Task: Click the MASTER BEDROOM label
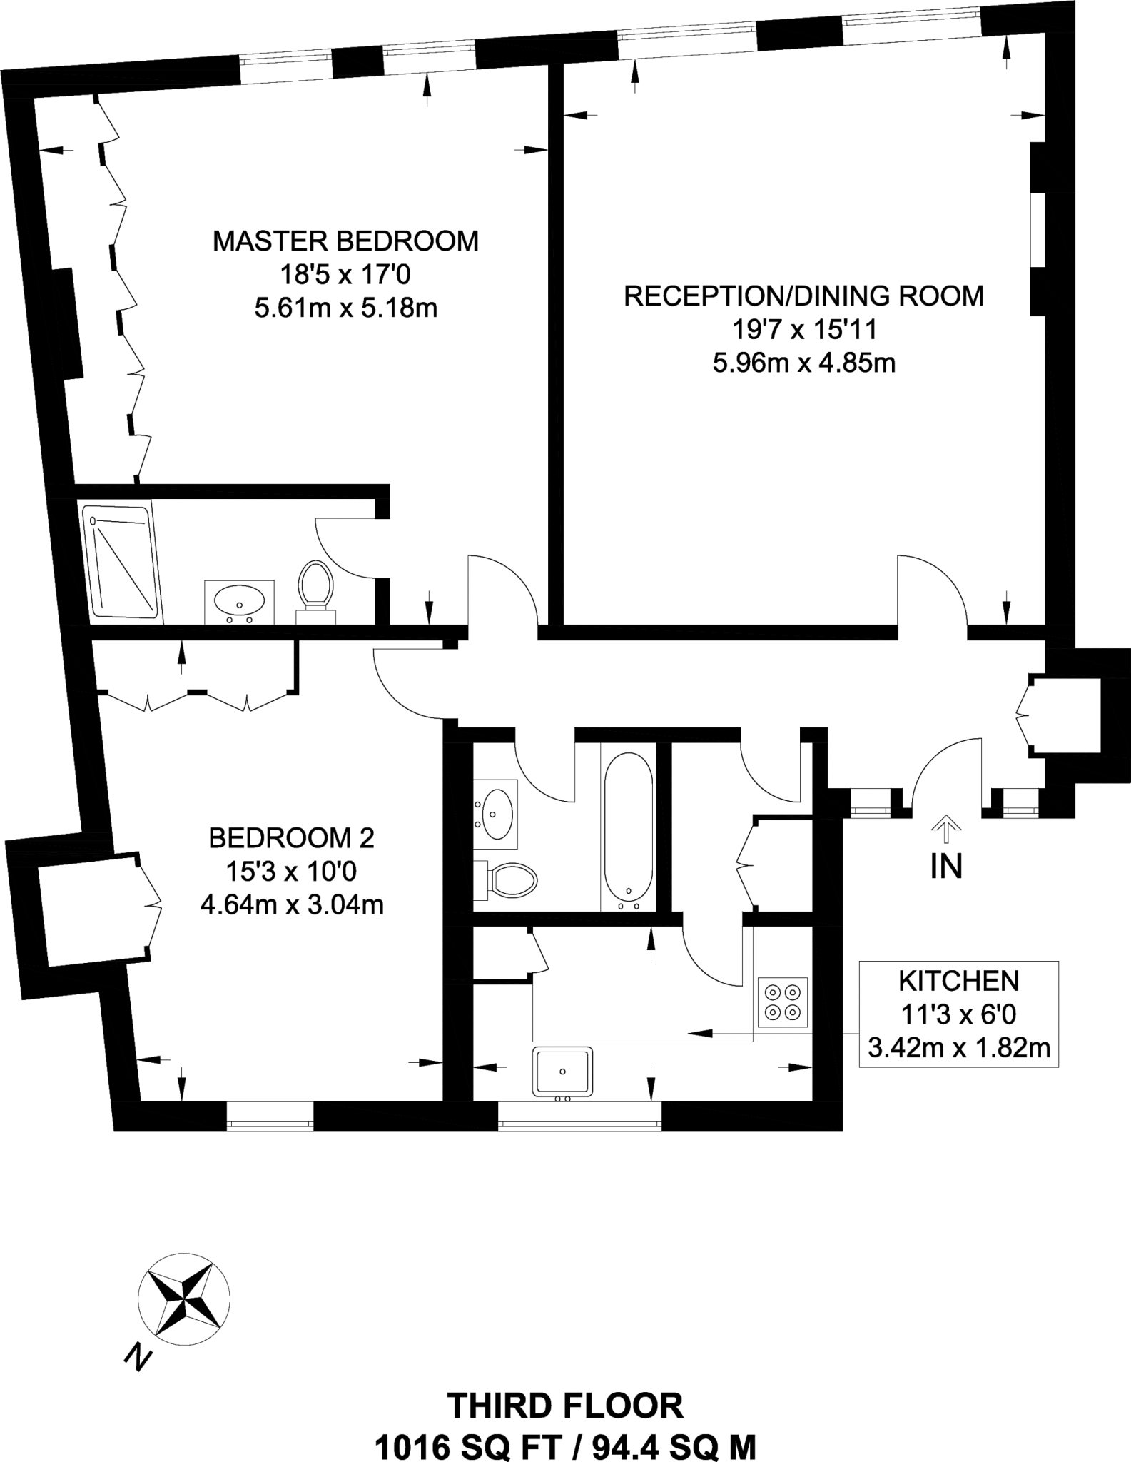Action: (345, 241)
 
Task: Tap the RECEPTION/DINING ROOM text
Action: (803, 296)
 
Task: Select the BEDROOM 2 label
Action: (291, 837)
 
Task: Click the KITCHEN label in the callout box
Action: (958, 981)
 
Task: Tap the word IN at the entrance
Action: (946, 867)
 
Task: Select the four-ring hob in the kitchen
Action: (783, 1002)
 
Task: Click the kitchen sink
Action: (562, 1071)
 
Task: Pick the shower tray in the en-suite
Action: (121, 561)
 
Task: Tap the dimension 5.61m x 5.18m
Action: (345, 308)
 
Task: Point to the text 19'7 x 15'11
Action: (803, 330)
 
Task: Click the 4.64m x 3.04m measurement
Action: (291, 905)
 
